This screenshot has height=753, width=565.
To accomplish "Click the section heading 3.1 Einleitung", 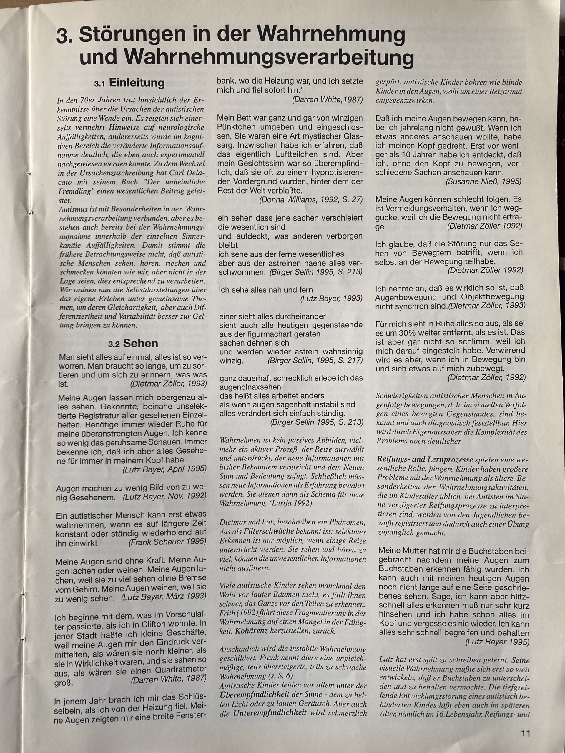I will coord(129,84).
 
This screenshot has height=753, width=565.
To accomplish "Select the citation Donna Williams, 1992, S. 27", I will coord(311,200).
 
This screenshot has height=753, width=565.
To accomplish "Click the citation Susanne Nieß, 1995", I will coord(483,181).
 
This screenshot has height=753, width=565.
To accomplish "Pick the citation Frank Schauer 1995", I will coord(167,542).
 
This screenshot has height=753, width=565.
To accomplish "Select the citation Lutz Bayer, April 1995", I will coord(164,469).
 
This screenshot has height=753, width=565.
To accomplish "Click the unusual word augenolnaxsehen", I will coord(250,387).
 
